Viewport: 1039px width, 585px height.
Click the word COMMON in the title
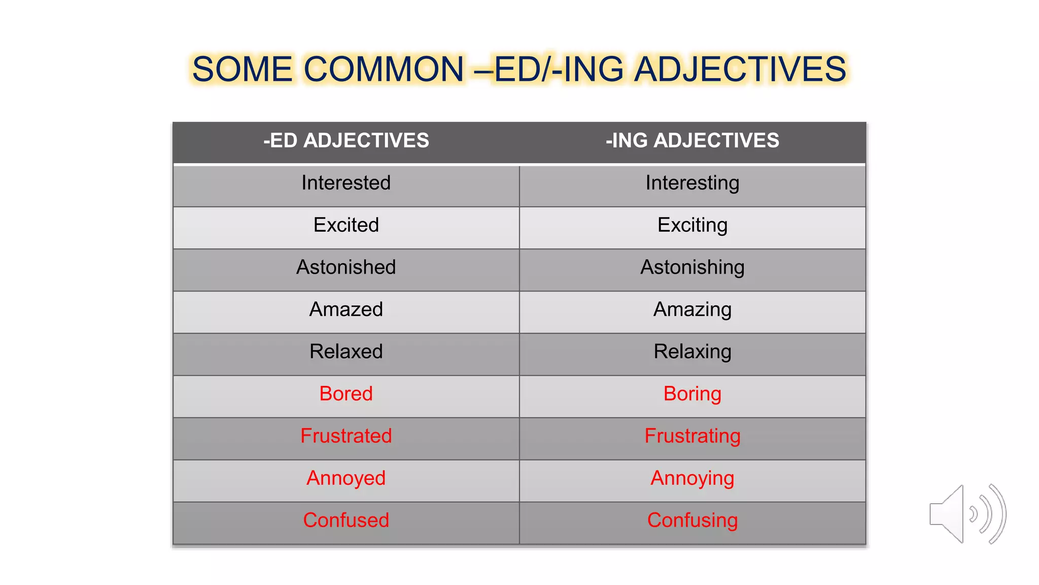(x=384, y=69)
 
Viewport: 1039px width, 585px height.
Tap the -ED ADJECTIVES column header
(x=346, y=141)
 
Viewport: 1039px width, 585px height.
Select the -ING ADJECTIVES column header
(x=692, y=141)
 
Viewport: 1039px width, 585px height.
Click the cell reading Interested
(x=346, y=183)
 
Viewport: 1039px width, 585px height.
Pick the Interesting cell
(x=692, y=183)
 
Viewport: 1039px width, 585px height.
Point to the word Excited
(x=346, y=225)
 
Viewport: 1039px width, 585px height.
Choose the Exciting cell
(x=692, y=225)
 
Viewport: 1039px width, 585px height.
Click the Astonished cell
(x=346, y=267)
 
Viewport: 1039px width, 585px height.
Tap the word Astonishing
(x=692, y=267)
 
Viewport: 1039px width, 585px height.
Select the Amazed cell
(x=346, y=309)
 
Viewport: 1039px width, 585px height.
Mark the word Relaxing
(x=692, y=351)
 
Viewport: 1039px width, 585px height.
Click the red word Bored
(x=346, y=394)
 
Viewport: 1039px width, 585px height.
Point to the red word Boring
(x=692, y=394)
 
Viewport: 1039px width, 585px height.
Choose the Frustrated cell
(x=346, y=436)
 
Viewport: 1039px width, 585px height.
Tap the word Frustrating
(x=692, y=436)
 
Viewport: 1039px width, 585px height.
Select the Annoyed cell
(x=346, y=478)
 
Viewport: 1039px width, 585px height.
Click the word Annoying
(x=692, y=478)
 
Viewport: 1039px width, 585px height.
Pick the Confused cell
(x=346, y=520)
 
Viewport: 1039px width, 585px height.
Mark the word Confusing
(x=692, y=520)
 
